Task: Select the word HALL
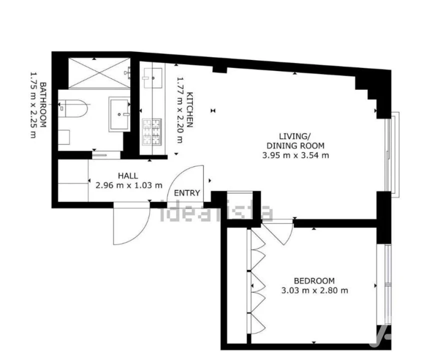128,175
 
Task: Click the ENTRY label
187,193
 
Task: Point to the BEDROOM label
314,281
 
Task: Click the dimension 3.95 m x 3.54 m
296,155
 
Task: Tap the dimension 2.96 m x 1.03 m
128,185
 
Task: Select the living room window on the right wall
394,154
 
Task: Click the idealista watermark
216,212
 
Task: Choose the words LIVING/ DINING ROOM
296,141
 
